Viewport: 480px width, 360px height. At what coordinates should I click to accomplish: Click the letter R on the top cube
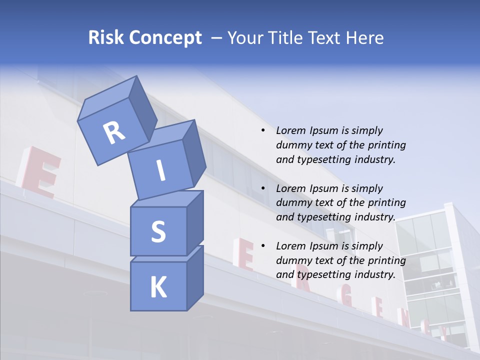pyautogui.click(x=114, y=133)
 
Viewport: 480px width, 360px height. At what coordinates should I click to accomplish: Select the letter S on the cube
pyautogui.click(x=158, y=231)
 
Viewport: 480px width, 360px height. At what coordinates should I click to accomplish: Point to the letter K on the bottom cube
pyautogui.click(x=158, y=287)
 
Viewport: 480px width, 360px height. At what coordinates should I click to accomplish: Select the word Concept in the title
pyautogui.click(x=165, y=38)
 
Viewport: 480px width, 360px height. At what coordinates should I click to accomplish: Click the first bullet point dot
pyautogui.click(x=263, y=130)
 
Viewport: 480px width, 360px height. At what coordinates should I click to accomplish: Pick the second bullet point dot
pyautogui.click(x=263, y=188)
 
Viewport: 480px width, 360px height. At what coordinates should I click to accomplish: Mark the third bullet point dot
pyautogui.click(x=263, y=246)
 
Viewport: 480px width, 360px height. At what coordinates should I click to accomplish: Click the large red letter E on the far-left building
pyautogui.click(x=40, y=171)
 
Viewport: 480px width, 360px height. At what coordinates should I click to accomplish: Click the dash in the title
pyautogui.click(x=217, y=37)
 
